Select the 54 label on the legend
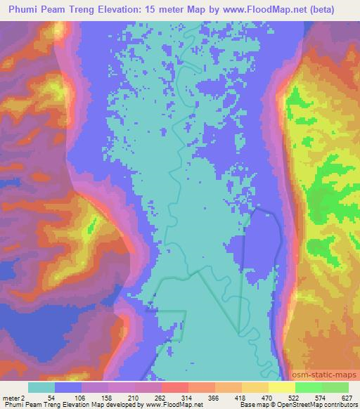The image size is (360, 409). pyautogui.click(x=52, y=397)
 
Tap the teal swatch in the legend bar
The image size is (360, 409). pyautogui.click(x=41, y=387)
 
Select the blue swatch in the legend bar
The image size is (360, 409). pyautogui.click(x=68, y=387)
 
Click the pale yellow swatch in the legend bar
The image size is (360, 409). pyautogui.click(x=282, y=387)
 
